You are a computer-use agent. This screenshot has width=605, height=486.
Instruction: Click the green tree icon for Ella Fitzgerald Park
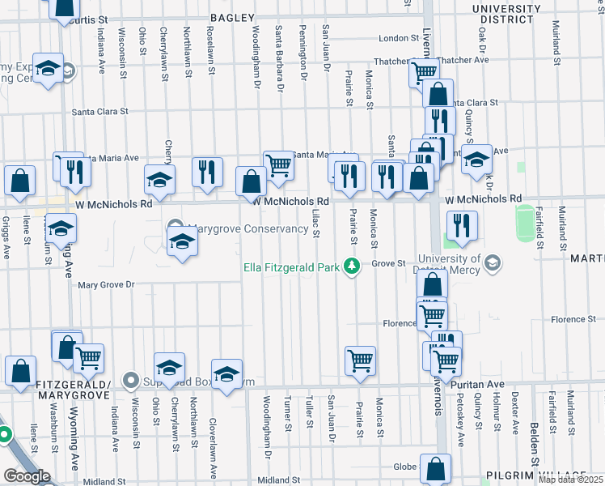click(x=351, y=266)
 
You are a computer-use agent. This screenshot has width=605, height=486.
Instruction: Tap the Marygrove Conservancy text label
click(x=247, y=229)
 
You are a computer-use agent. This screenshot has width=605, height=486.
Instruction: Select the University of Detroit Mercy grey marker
click(x=492, y=262)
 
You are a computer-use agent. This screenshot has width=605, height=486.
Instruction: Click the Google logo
click(x=27, y=476)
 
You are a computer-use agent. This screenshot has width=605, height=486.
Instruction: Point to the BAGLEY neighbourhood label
click(x=231, y=17)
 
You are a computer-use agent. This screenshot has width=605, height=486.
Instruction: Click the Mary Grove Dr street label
click(x=106, y=285)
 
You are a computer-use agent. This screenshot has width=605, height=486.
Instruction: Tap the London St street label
click(x=397, y=39)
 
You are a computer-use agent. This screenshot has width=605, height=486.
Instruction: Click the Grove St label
click(x=388, y=263)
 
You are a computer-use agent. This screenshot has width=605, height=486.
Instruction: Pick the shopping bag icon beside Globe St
click(x=436, y=468)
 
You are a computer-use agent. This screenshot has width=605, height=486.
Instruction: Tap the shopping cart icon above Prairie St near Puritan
click(x=360, y=360)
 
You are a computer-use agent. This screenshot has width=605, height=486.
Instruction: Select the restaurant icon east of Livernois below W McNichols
click(x=462, y=226)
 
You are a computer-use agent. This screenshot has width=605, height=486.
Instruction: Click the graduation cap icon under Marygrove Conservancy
click(x=182, y=241)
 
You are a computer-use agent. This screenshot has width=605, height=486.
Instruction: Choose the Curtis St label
click(x=89, y=18)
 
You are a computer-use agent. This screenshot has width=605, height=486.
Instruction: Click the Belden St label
click(x=534, y=441)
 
